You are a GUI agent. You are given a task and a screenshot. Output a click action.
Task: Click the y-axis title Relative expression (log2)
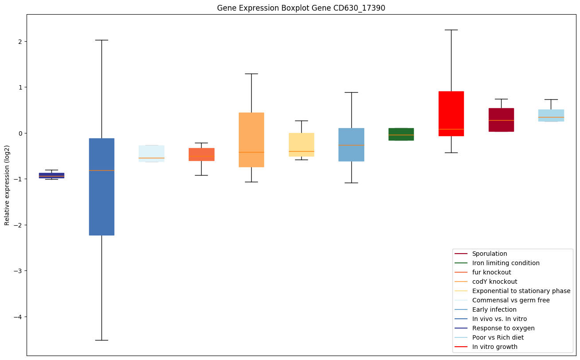(7, 185)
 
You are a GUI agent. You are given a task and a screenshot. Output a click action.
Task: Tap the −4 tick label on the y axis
(19, 317)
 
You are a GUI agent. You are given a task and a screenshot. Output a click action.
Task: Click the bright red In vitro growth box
(451, 113)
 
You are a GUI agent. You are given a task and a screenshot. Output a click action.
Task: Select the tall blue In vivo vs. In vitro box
(101, 187)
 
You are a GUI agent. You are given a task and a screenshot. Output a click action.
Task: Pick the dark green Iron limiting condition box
(401, 134)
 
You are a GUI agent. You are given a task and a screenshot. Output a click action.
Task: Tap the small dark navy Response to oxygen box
(51, 176)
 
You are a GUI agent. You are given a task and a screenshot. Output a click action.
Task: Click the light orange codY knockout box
(251, 140)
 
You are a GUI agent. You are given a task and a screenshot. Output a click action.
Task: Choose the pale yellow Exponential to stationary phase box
(301, 145)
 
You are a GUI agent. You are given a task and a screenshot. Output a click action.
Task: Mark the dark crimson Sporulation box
(501, 120)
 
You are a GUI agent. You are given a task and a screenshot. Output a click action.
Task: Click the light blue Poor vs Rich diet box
(551, 115)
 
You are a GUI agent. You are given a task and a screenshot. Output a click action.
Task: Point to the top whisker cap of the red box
(451, 30)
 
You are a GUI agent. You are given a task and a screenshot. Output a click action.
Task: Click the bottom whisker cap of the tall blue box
(101, 340)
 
